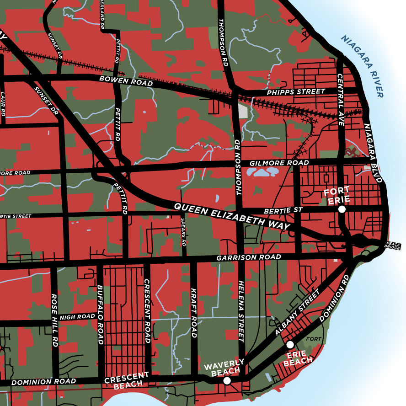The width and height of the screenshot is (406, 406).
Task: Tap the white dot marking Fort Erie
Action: pos(342,209)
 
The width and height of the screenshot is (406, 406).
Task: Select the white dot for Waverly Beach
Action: pos(227,380)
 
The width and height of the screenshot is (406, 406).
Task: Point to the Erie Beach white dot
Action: pos(289,345)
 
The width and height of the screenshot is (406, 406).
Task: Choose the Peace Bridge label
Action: pos(393,246)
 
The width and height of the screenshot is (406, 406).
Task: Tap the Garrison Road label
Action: pos(249,258)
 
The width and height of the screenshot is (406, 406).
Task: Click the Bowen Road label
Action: pos(126,81)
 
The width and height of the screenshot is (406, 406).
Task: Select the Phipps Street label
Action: pos(296,92)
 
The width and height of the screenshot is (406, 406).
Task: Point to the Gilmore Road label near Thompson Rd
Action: pos(279,163)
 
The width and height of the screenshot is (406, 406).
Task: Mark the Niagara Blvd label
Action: pos(373,152)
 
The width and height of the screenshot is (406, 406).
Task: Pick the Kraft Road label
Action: pos(193,313)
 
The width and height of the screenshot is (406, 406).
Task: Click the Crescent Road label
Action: pos(147,311)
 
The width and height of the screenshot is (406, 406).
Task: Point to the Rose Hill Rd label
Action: pos(54,320)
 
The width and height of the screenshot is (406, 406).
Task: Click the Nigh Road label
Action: pos(77,316)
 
